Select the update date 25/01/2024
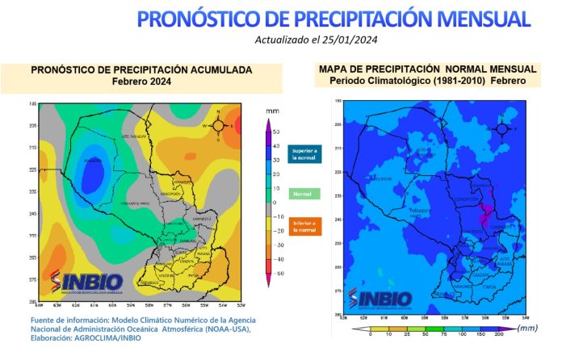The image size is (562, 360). click(353, 39)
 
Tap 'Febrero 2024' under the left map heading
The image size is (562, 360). click(141, 82)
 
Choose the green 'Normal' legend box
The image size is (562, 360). click(303, 194)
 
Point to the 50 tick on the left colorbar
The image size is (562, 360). click(276, 131)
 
